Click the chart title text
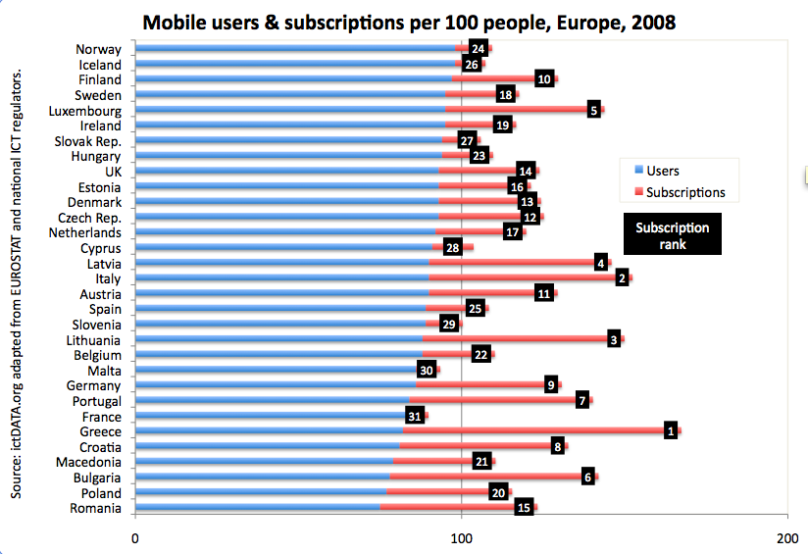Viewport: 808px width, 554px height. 409,22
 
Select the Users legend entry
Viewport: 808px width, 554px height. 662,171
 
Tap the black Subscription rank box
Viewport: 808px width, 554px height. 672,235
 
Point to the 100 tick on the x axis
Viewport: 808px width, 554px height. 461,537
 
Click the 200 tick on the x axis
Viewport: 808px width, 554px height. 786,537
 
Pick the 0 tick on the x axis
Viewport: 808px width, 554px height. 134,537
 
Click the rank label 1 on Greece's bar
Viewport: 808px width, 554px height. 671,430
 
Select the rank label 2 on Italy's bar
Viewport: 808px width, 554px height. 622,278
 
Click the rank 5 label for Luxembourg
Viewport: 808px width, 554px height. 593,110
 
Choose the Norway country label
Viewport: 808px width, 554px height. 98,49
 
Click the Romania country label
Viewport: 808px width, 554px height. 95,508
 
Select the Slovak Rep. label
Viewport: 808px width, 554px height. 87,141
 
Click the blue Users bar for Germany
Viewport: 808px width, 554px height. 275,385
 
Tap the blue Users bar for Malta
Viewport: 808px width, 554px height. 275,371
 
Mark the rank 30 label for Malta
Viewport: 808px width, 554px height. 426,370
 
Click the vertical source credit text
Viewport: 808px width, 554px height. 17,284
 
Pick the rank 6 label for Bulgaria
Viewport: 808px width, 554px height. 588,477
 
